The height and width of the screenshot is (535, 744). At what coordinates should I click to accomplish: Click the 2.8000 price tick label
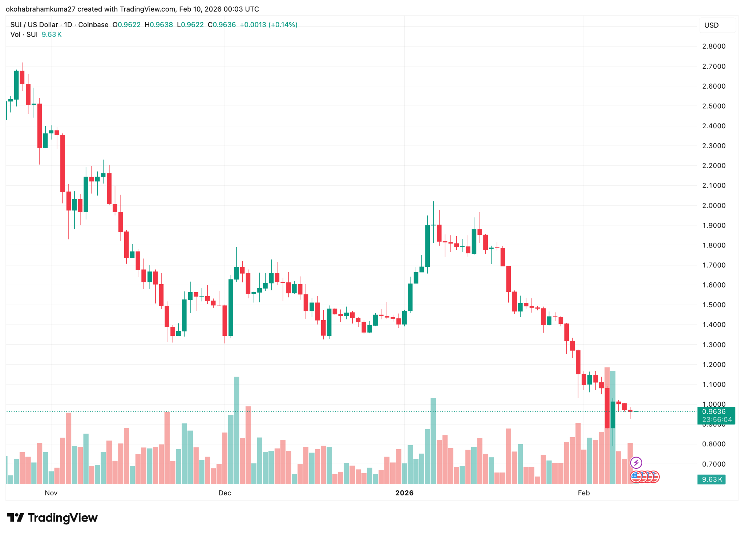(x=713, y=46)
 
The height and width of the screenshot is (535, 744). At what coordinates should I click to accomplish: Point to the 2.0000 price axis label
(x=713, y=205)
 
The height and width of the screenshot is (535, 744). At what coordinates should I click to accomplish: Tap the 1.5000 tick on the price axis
(x=713, y=305)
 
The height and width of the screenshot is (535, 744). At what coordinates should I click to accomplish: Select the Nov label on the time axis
(x=51, y=493)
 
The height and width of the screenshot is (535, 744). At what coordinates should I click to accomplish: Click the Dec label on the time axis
(x=225, y=493)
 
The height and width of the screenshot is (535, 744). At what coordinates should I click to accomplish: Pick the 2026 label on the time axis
(x=404, y=493)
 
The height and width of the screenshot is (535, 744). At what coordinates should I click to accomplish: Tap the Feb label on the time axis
(x=583, y=493)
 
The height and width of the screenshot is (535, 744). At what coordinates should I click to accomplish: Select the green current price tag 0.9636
(x=714, y=411)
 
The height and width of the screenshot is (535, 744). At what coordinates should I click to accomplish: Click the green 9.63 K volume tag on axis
(x=712, y=479)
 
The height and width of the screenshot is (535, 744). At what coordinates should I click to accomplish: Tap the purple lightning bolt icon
(x=636, y=463)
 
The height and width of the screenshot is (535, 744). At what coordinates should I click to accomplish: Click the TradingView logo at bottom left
(x=52, y=518)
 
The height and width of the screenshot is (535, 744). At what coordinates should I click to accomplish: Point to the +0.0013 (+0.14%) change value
(x=268, y=25)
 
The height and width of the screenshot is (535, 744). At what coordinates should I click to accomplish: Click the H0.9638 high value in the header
(x=159, y=25)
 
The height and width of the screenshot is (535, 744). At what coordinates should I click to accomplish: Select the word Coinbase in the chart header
(x=93, y=25)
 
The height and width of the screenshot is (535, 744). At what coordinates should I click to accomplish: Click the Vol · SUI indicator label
(x=24, y=35)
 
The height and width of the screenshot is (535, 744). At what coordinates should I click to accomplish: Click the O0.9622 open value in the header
(x=126, y=25)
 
